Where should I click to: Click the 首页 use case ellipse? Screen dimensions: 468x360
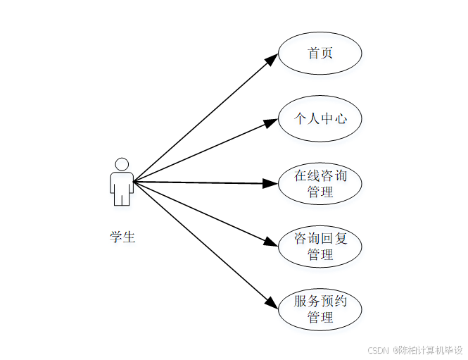click(x=320, y=53)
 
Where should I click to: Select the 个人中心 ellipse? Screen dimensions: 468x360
click(x=320, y=118)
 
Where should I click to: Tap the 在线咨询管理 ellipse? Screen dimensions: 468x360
click(x=320, y=183)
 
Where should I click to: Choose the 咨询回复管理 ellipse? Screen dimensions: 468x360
click(x=320, y=247)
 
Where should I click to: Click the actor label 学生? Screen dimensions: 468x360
click(x=122, y=237)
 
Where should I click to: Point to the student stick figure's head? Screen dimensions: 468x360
click(x=122, y=164)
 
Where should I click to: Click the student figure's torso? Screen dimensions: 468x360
click(x=122, y=185)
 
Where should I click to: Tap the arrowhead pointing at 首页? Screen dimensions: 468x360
click(x=272, y=60)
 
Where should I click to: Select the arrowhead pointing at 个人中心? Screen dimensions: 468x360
click(x=271, y=123)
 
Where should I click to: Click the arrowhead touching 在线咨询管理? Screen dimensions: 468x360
click(x=271, y=183)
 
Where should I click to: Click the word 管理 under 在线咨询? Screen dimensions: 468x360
click(x=320, y=192)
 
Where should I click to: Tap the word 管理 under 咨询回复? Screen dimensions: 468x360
click(x=320, y=254)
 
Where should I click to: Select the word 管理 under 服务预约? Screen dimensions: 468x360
click(x=320, y=318)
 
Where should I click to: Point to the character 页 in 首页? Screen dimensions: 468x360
click(x=327, y=53)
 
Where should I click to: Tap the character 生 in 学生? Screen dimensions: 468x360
click(x=129, y=237)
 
